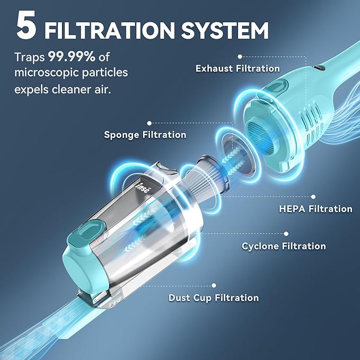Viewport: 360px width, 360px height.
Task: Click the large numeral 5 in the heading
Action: pyautogui.click(x=26, y=25)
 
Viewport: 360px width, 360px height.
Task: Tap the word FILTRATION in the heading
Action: pyautogui.click(x=109, y=31)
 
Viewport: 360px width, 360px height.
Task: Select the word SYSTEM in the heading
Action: pyautogui.click(x=225, y=31)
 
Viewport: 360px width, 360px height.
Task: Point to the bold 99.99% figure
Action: pyautogui.click(x=72, y=57)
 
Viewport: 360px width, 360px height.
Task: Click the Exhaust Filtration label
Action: pyautogui.click(x=238, y=68)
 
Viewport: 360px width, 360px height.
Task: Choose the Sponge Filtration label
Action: pyautogui.click(x=145, y=135)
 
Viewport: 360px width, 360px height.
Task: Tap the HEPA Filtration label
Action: pyautogui.click(x=315, y=209)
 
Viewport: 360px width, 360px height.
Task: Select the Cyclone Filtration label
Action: pyautogui.click(x=284, y=246)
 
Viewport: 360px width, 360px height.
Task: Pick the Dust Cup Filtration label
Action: pyautogui.click(x=214, y=298)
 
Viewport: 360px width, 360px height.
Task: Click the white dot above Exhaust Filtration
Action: pyautogui.click(x=240, y=57)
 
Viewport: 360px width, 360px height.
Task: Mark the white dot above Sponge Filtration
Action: pyautogui.click(x=149, y=124)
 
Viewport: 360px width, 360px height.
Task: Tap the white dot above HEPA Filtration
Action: pyautogui.click(x=313, y=197)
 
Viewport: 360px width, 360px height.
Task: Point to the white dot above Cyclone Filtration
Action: pyautogui.click(x=286, y=234)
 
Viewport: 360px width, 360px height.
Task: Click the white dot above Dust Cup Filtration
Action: pyautogui.click(x=214, y=285)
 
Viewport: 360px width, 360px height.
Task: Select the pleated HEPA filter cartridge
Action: pyautogui.click(x=208, y=175)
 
